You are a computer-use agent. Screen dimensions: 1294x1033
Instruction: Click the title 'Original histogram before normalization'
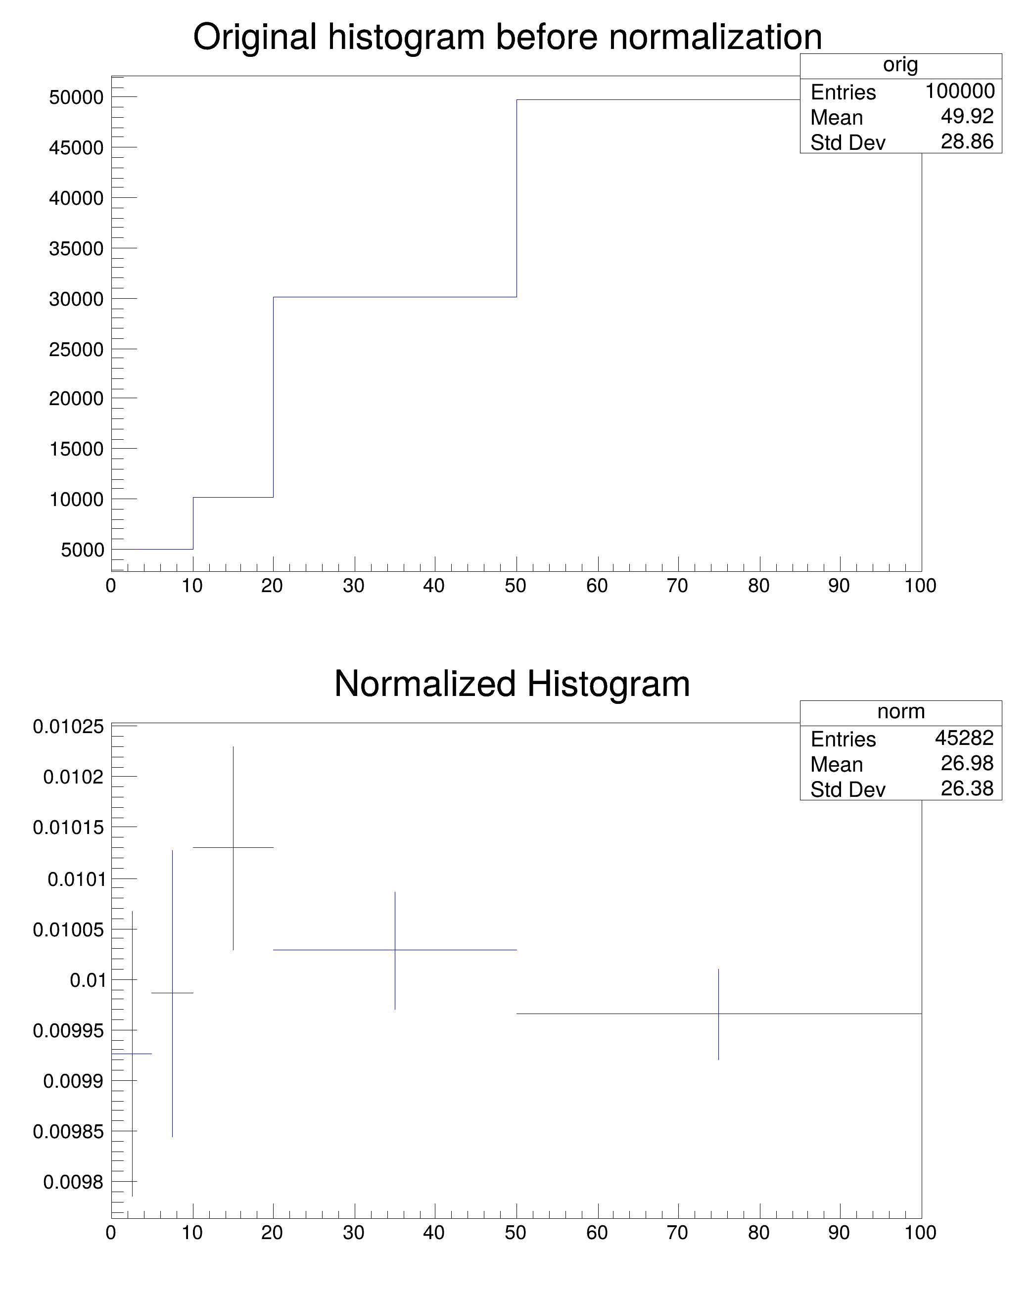(507, 37)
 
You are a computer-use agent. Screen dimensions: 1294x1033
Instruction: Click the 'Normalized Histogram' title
(512, 684)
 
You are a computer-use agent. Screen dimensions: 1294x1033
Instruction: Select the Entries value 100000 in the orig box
(959, 91)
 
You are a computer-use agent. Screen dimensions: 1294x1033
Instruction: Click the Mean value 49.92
(967, 116)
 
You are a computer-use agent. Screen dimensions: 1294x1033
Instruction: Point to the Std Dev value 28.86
(967, 141)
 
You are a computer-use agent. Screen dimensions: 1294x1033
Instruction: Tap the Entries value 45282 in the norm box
(964, 738)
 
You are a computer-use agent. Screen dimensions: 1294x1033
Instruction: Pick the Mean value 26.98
(967, 763)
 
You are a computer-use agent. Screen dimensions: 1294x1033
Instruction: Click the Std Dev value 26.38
(967, 788)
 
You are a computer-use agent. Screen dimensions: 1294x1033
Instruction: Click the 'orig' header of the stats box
(900, 65)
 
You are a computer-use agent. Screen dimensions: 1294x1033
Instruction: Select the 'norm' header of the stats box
(900, 711)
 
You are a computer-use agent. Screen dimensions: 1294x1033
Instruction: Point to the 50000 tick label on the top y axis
(76, 97)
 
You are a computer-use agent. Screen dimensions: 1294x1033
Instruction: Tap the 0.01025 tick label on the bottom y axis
(68, 727)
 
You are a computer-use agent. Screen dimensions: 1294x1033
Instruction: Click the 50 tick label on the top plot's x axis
(516, 586)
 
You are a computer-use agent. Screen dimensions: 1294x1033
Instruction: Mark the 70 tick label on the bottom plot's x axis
(678, 1233)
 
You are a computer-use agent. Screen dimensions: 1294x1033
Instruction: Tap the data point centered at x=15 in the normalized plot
(233, 847)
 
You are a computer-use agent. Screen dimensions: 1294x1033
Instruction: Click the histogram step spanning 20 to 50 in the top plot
(395, 297)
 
